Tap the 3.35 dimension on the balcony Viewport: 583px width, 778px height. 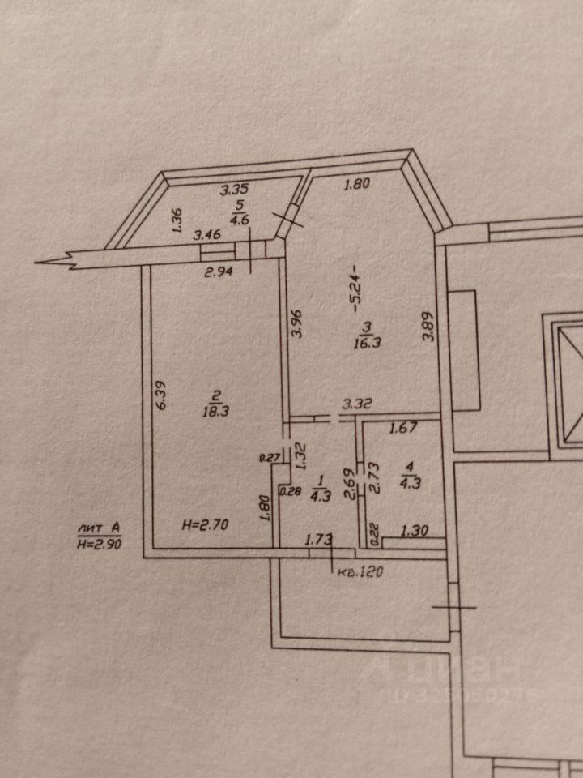click(235, 191)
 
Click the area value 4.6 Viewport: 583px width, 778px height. click(240, 218)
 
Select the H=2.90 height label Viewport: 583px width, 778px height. click(100, 545)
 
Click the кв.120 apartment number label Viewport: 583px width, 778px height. click(360, 571)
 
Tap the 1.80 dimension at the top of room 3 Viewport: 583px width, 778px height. click(356, 184)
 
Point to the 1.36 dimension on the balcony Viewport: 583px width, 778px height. click(178, 221)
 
